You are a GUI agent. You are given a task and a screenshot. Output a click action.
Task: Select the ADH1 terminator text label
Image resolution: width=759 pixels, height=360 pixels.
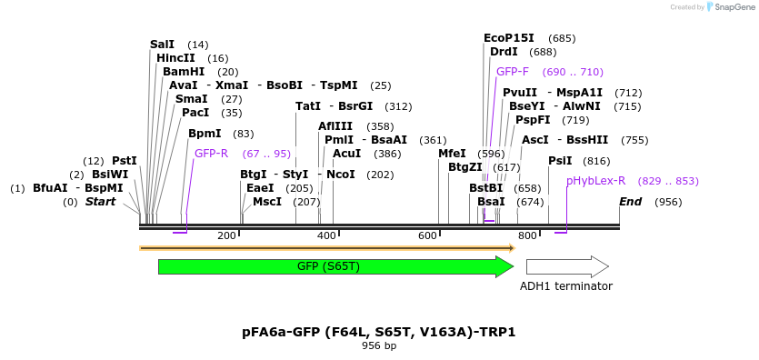565,286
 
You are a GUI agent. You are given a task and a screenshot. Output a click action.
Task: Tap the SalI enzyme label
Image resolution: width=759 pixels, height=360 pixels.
162,45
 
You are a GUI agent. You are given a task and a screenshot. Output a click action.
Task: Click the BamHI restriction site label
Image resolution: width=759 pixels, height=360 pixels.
184,72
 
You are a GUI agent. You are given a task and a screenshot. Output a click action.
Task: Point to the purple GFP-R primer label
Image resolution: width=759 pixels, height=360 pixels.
211,154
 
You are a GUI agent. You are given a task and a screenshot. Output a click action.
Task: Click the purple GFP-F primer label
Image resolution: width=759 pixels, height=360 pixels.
513,72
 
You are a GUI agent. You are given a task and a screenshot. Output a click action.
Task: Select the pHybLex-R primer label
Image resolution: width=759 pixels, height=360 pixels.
595,181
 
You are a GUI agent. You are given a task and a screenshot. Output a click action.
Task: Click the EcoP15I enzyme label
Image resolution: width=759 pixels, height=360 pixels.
508,38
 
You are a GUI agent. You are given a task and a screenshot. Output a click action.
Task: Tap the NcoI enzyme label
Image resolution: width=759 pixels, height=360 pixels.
341,175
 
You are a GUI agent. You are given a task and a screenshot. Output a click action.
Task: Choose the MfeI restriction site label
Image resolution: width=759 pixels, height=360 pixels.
452,154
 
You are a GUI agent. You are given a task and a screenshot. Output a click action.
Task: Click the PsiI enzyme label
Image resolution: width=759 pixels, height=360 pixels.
560,161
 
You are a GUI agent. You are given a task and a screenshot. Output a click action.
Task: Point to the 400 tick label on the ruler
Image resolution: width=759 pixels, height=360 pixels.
326,236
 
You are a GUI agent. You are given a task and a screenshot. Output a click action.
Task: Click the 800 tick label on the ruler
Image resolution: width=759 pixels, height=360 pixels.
527,236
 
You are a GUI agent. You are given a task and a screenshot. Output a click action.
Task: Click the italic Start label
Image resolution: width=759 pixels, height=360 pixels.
100,202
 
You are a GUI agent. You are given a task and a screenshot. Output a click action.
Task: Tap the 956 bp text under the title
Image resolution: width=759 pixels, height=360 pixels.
379,346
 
